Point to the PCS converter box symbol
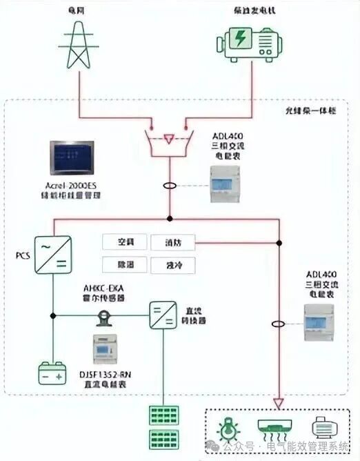tap(54, 255)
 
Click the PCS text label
tap(24, 256)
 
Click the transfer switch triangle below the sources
tap(169, 139)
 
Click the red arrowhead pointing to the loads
tap(279, 402)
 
